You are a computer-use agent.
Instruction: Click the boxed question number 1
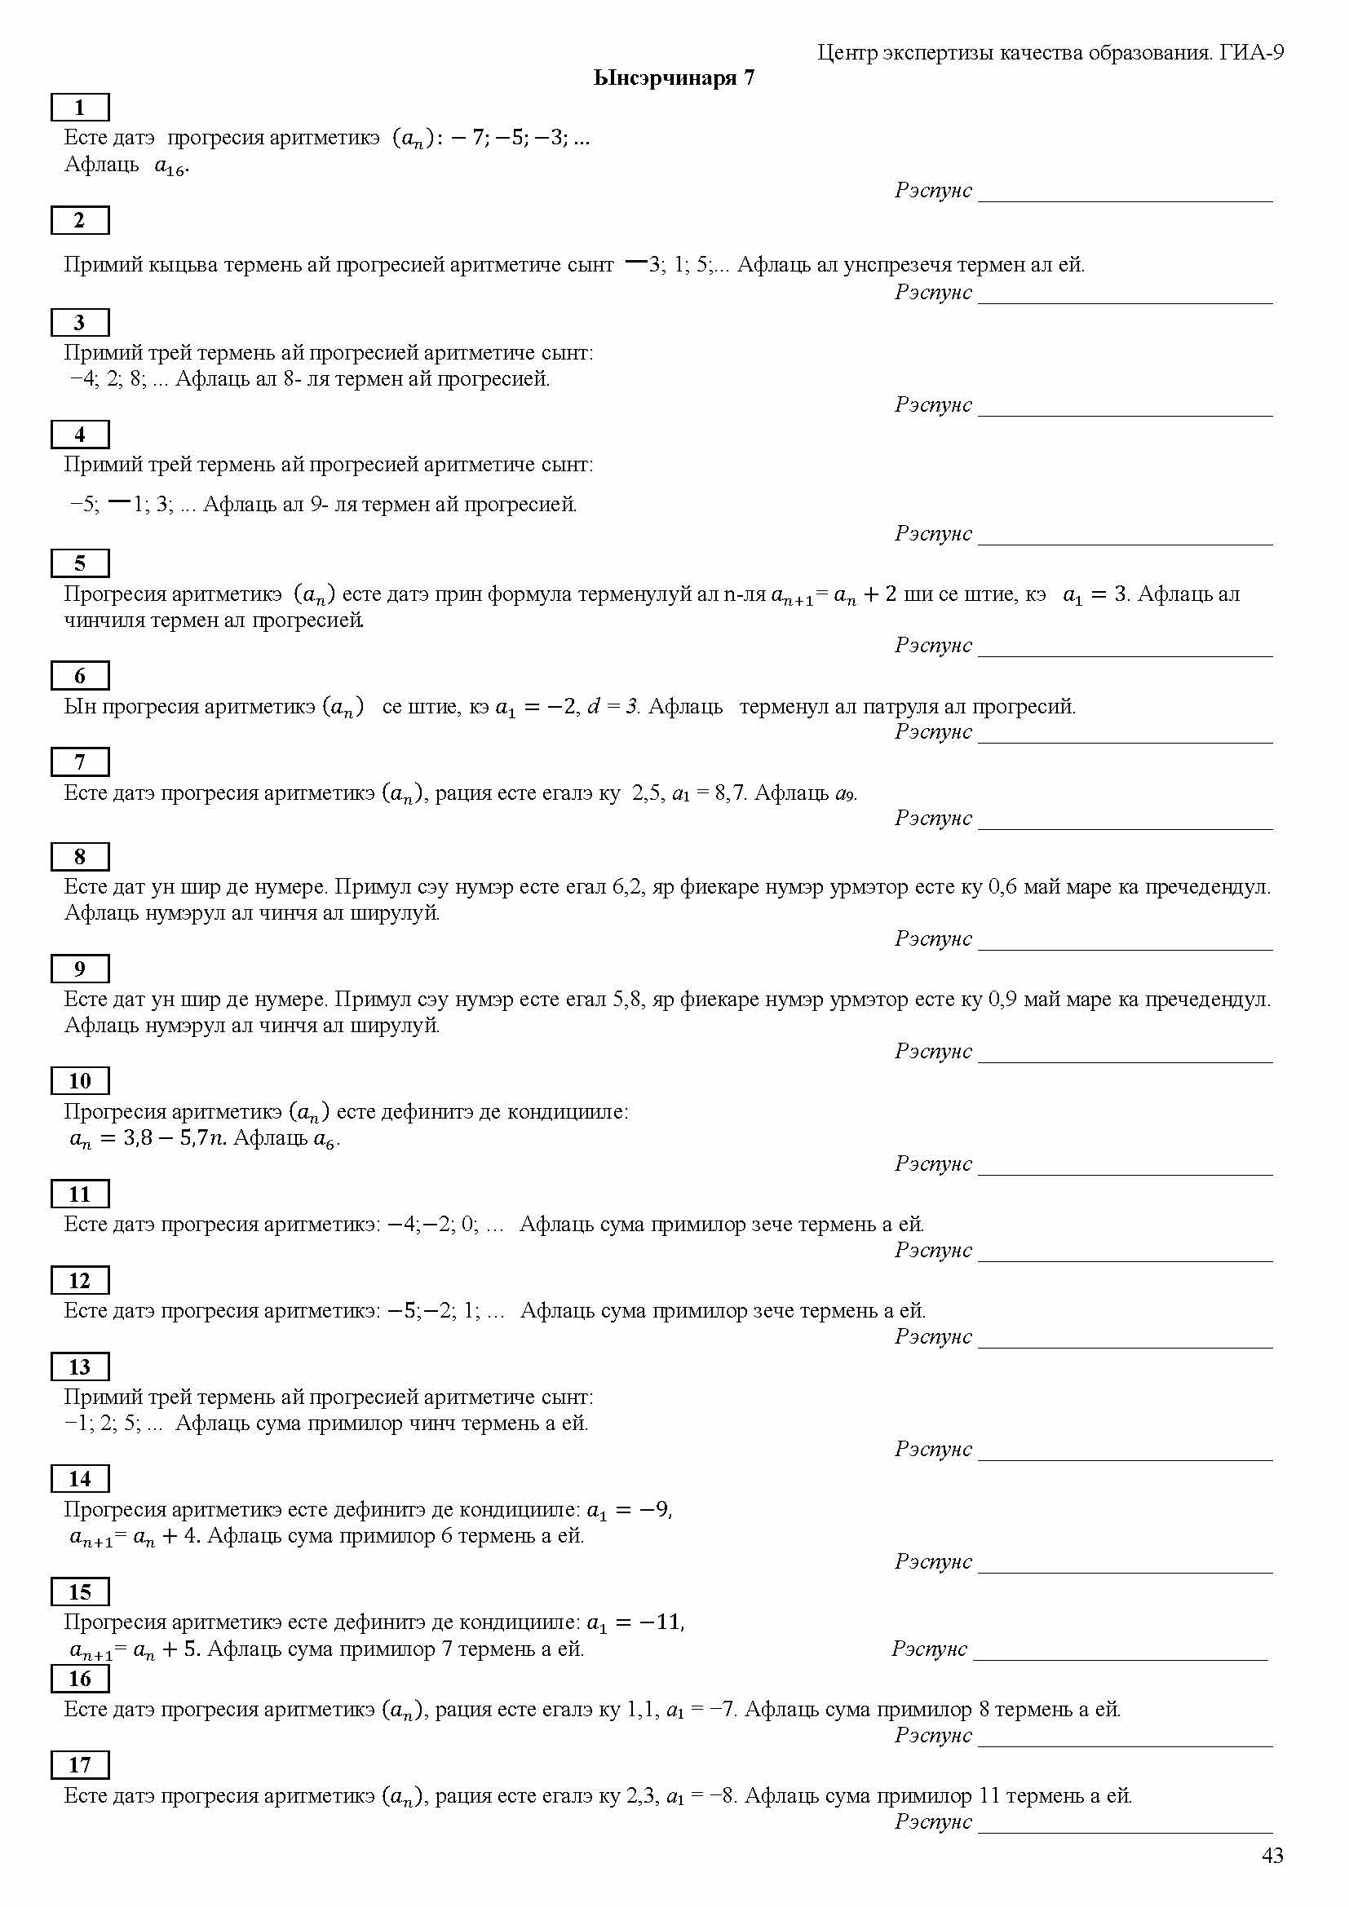tap(80, 108)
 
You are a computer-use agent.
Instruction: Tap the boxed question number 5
tap(80, 563)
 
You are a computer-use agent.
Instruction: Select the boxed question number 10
tap(80, 1080)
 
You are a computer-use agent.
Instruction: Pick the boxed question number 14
tap(80, 1478)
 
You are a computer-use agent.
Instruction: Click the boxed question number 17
tap(80, 1764)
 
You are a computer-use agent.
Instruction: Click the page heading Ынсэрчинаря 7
tap(674, 78)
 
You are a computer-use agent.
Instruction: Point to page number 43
tap(1272, 1856)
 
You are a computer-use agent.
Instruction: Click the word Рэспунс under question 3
tap(933, 404)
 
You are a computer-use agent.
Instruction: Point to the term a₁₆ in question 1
tap(170, 166)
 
